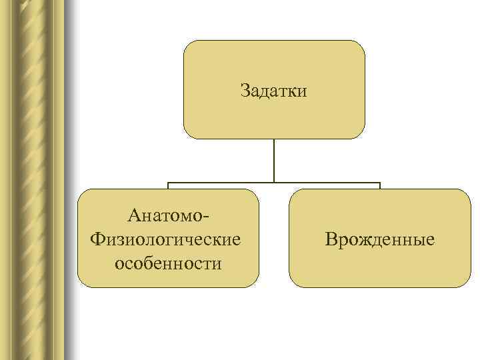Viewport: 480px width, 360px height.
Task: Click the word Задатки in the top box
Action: (274, 90)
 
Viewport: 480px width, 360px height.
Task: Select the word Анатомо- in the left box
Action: (168, 217)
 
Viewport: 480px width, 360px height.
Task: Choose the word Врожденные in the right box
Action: (379, 238)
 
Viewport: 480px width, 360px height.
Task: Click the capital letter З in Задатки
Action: (245, 90)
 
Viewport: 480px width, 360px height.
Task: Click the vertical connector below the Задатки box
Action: (274, 160)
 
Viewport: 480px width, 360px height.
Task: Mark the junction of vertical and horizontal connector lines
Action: (274, 182)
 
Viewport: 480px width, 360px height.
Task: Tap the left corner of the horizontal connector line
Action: (168, 182)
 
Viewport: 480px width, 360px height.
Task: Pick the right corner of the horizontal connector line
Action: (380, 182)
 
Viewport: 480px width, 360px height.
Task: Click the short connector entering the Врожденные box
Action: (380, 186)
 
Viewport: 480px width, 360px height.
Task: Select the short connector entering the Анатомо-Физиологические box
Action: (168, 186)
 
